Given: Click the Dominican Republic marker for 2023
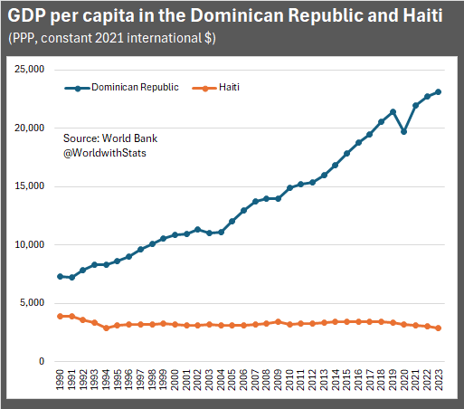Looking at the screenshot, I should pos(439,91).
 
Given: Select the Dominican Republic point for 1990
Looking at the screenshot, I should pos(60,276).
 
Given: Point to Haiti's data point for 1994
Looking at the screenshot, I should pos(106,328).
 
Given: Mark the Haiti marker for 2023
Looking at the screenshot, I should pos(439,328).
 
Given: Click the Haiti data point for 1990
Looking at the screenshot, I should pos(60,316).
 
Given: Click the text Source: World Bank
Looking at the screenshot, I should pos(108,138).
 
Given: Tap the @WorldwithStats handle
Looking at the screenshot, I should pos(105,153).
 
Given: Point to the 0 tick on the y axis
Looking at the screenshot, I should pos(40,362).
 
